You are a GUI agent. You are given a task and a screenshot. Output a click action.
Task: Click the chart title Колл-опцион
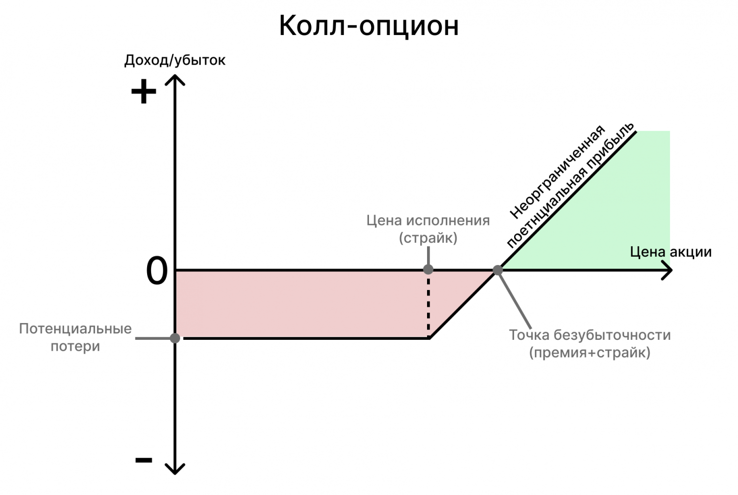tap(369, 26)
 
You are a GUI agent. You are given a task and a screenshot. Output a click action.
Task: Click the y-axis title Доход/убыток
tap(175, 60)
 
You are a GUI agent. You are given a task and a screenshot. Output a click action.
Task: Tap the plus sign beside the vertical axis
tap(144, 92)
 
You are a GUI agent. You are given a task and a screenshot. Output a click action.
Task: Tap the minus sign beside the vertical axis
tap(144, 460)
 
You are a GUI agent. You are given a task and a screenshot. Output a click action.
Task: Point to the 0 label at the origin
tap(157, 271)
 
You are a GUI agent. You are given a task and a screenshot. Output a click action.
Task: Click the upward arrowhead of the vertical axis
tap(175, 79)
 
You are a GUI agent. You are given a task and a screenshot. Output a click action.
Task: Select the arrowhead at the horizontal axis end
tap(668, 270)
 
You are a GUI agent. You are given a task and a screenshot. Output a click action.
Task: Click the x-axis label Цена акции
tap(671, 252)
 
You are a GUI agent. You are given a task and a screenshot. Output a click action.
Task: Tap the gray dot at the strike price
tap(428, 269)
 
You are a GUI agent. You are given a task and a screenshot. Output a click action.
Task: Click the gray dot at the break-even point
tap(497, 270)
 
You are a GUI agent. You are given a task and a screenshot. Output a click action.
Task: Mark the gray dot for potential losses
tap(175, 338)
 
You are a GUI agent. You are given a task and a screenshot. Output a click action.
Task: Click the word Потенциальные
tap(75, 329)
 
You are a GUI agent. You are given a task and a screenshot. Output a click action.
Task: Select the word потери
tap(75, 346)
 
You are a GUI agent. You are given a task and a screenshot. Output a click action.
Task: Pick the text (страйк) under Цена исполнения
tap(428, 238)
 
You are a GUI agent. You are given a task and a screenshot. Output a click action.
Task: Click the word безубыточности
tap(612, 335)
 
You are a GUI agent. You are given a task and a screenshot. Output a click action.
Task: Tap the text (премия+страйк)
tap(589, 353)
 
